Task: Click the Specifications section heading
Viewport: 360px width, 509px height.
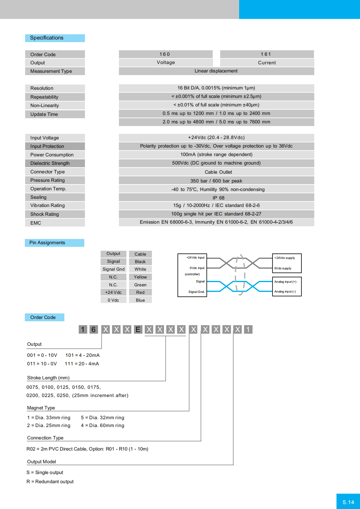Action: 47,38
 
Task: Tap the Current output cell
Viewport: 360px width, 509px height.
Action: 267,63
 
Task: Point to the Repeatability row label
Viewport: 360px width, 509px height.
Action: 44,97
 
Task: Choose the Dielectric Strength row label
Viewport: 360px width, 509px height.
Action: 50,163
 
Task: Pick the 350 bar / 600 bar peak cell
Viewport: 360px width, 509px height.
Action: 216,181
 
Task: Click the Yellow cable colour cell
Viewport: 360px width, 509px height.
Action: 140,277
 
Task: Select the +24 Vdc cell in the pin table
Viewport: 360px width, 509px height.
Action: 113,293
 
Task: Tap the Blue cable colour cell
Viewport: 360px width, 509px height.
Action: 140,300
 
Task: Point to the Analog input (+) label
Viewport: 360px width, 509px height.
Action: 285,282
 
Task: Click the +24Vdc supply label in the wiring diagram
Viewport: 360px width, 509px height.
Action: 285,258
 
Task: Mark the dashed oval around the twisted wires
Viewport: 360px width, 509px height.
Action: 240,275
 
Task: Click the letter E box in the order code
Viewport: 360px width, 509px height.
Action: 138,329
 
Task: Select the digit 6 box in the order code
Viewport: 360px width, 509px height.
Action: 93,329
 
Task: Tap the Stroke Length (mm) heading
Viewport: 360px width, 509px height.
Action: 48,378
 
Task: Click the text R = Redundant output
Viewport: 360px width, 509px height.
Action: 50,482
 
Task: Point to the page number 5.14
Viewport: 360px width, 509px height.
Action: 348,502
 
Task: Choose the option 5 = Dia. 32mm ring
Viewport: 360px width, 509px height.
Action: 103,418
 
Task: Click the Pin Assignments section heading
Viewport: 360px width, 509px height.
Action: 47,243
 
